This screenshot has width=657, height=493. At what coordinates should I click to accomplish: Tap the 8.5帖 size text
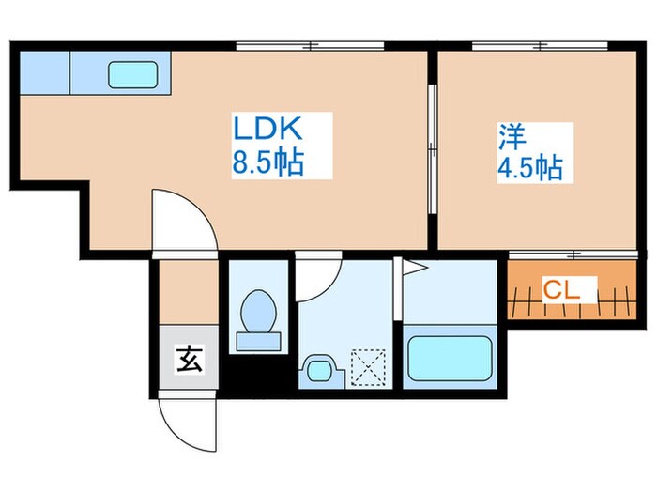pos(267,164)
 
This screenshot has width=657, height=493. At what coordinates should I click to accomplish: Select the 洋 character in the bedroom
pos(511,137)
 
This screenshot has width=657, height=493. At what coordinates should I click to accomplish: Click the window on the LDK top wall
pos(310,45)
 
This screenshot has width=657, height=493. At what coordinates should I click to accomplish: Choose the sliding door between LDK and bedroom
pos(432,150)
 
